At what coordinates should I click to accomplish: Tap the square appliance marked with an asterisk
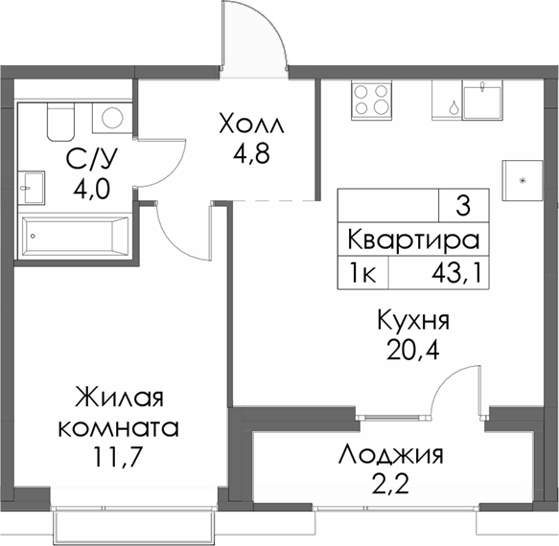[523, 178]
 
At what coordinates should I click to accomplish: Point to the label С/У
[85, 158]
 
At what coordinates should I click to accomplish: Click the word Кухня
[413, 320]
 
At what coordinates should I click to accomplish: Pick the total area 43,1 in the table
[454, 274]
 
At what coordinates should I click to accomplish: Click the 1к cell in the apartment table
[362, 274]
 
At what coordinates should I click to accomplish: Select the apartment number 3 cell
[463, 205]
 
